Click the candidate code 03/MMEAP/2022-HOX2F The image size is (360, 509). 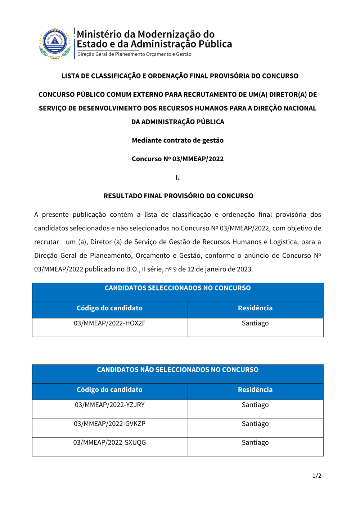(x=109, y=323)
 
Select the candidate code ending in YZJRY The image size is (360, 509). (x=109, y=405)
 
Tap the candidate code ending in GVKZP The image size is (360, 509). (x=109, y=424)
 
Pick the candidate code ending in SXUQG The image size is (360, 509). (x=109, y=442)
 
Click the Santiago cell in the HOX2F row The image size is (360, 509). (x=255, y=323)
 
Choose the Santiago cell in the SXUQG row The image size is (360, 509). (x=255, y=442)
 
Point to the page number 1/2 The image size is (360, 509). (x=316, y=476)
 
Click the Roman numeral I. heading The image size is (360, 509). (x=177, y=177)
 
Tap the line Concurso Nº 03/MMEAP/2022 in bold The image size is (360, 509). (x=177, y=159)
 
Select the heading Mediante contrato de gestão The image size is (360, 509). (x=177, y=140)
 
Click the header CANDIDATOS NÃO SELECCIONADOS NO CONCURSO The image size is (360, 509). (x=177, y=370)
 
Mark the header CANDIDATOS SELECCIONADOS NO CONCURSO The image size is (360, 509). (x=177, y=288)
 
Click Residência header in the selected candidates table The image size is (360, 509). (x=255, y=308)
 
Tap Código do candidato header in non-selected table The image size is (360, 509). (x=109, y=390)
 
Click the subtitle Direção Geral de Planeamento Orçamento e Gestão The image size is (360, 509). (x=134, y=54)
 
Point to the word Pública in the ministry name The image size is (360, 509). (x=215, y=44)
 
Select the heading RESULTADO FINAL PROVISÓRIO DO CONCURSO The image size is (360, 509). (x=178, y=196)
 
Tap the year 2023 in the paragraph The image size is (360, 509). (x=244, y=269)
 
